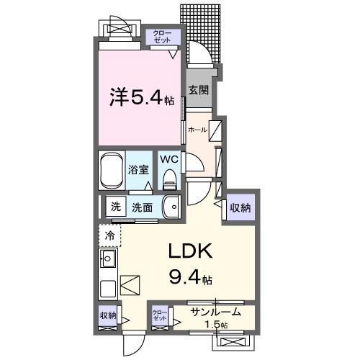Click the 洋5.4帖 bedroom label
coord(141,97)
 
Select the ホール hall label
coord(197,130)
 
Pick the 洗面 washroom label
coord(142,207)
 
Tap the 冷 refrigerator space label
coord(110,235)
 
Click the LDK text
coord(189,252)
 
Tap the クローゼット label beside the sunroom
coord(159,315)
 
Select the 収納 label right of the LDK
coord(240,208)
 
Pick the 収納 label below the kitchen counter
coord(107,315)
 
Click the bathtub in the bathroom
coord(112,171)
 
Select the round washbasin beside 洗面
coord(172,207)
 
